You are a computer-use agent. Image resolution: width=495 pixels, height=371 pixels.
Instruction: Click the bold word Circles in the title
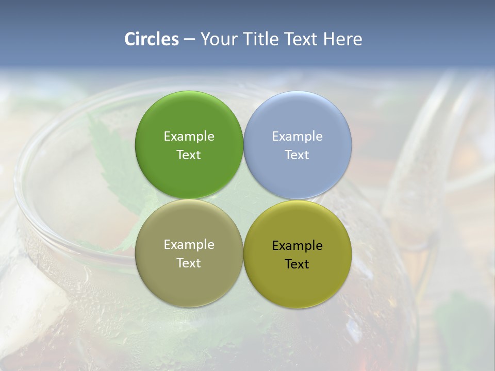152,39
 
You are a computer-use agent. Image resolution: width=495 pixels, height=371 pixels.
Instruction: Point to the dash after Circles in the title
189,40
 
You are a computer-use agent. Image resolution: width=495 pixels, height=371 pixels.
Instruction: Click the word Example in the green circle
189,137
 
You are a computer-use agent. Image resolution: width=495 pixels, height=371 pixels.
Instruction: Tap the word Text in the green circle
189,155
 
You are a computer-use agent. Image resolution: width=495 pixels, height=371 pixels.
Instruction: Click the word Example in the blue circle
298,137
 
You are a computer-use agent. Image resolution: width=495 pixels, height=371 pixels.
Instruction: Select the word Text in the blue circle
298,155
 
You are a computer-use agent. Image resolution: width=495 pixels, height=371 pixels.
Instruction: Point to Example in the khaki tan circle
189,245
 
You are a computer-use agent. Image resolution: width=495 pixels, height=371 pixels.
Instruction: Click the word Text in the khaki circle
189,263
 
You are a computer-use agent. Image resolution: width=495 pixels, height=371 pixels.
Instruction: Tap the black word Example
298,246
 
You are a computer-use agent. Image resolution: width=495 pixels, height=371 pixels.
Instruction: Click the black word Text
298,264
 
